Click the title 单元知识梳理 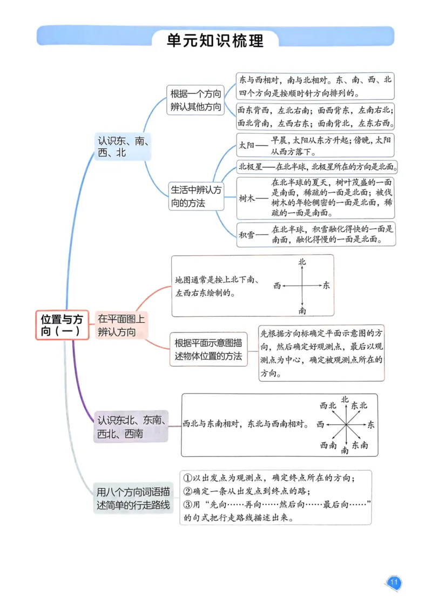tap(215, 40)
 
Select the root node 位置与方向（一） tap(62, 324)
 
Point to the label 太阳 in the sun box tap(246, 145)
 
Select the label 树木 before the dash tap(246, 199)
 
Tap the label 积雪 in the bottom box tap(246, 234)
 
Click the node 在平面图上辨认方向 tap(121, 325)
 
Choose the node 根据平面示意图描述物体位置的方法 tap(208, 349)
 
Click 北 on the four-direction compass tap(302, 262)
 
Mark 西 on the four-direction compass tap(277, 285)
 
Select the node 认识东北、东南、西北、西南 tap(131, 426)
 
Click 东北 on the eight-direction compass tap(359, 405)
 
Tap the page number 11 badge tap(394, 582)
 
